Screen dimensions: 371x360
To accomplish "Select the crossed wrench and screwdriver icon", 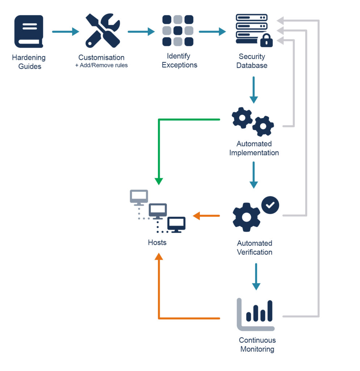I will coord(102,32).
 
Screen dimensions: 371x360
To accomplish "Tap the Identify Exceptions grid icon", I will coord(177,31).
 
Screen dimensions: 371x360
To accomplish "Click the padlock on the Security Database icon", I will coord(266,41).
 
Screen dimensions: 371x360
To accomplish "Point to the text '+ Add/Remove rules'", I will coord(101,66).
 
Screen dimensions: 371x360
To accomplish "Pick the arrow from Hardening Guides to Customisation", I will coord(66,32).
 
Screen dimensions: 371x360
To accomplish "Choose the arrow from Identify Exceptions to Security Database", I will coord(212,32).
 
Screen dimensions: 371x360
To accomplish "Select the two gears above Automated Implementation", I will coord(253,122).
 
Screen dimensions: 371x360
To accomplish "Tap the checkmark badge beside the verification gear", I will coord(270,205).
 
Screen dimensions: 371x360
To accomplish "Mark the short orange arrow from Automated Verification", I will coord(206,216).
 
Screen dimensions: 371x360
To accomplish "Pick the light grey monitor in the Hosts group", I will coord(139,197).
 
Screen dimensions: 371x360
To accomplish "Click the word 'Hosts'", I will coord(157,242).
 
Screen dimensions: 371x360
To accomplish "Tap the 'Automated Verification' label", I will coord(255,247).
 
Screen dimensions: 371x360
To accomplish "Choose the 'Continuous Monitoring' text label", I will coord(257,345).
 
